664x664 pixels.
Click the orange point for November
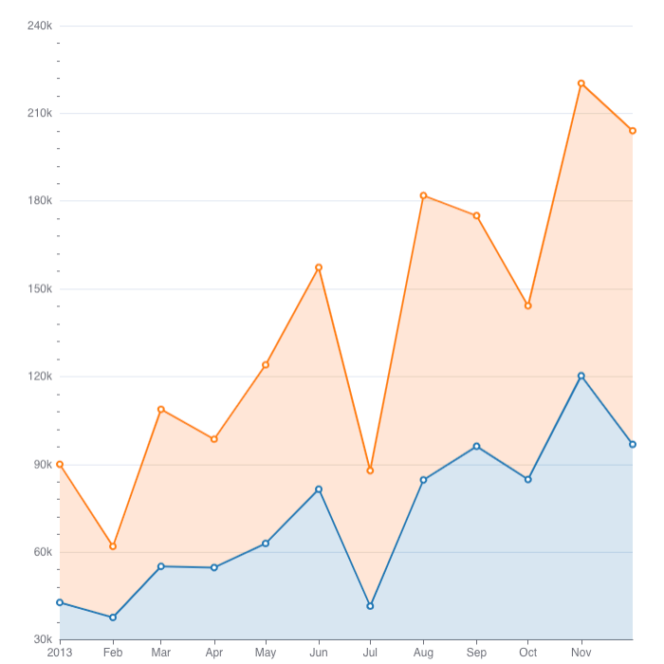[581, 83]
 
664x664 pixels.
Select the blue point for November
[581, 376]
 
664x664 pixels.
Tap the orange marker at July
[370, 470]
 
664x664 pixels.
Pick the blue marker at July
[370, 605]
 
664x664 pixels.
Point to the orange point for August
[423, 195]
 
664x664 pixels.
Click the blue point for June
[319, 489]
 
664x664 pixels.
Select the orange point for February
[113, 546]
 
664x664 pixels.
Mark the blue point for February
[113, 618]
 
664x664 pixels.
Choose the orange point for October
[528, 305]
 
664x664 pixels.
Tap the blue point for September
[476, 446]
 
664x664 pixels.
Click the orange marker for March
[161, 409]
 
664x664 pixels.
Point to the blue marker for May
[266, 544]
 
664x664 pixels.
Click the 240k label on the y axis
[39, 26]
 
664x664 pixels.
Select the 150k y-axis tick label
[39, 289]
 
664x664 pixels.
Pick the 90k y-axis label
[42, 465]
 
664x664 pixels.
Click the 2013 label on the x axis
[60, 653]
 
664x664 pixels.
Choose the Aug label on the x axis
[423, 653]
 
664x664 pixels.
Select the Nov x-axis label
[581, 653]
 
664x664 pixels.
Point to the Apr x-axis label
[213, 653]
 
